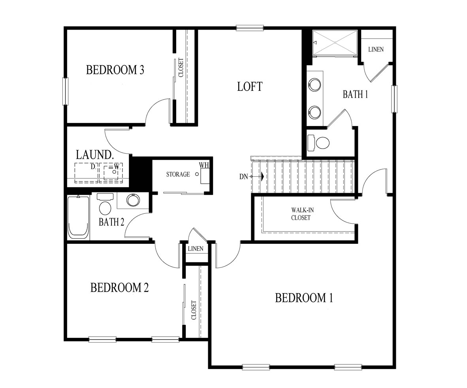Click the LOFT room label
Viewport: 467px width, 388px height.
250,87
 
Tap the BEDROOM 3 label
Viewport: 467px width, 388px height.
115,70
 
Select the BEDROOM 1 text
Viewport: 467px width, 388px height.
304,298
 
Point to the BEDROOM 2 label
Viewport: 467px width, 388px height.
119,288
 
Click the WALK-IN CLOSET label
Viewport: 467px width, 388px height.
302,214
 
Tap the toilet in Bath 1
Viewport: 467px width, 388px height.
319,143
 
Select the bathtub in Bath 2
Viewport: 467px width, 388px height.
78,217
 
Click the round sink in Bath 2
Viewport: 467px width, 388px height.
133,200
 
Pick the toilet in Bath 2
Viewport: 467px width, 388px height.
105,205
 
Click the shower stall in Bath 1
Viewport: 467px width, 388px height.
335,43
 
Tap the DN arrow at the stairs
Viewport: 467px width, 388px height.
252,177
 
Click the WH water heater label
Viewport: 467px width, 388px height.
204,165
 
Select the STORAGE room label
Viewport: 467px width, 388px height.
178,174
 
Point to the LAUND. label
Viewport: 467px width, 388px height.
95,155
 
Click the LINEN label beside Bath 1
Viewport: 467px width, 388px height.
376,49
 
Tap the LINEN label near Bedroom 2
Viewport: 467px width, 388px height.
196,249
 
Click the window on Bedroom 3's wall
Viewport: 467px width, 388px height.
65,91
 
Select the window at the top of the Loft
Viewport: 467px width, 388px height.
250,28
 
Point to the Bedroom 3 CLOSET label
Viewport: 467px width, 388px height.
181,67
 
